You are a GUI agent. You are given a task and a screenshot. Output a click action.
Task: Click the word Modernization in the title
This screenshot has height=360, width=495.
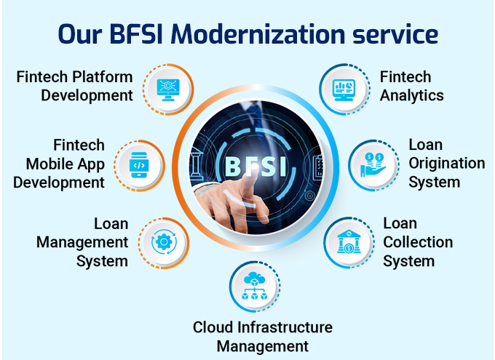tap(258, 33)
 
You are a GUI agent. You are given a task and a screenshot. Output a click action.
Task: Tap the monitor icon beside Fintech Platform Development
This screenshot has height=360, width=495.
tap(168, 89)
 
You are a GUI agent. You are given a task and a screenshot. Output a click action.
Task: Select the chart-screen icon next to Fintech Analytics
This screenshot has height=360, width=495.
tap(344, 89)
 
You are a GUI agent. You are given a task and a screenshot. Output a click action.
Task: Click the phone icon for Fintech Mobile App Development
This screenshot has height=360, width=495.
tap(139, 165)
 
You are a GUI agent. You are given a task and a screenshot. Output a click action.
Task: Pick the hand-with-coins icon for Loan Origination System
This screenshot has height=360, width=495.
tap(373, 164)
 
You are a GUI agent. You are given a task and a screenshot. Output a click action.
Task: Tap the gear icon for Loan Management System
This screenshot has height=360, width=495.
tap(164, 242)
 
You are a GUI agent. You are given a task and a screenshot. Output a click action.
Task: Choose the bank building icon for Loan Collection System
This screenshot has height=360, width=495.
tap(349, 241)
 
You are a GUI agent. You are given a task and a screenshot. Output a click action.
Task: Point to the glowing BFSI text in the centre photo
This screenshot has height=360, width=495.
tap(256, 166)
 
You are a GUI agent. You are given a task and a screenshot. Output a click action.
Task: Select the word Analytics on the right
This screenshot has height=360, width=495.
tap(412, 96)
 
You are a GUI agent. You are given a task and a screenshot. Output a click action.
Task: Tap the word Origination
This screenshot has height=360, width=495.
tap(447, 164)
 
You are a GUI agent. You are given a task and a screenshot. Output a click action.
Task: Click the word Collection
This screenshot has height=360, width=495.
tap(418, 242)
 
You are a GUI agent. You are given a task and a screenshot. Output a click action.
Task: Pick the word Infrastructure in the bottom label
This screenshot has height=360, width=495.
tap(285, 327)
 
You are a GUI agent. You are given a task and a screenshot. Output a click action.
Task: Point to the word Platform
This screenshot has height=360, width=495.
tap(103, 77)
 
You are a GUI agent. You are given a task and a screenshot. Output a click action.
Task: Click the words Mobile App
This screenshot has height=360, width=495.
tap(65, 164)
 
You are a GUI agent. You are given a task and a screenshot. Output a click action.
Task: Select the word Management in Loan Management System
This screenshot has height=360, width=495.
tap(82, 243)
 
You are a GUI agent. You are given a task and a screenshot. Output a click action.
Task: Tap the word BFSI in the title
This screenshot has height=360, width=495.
tap(136, 33)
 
